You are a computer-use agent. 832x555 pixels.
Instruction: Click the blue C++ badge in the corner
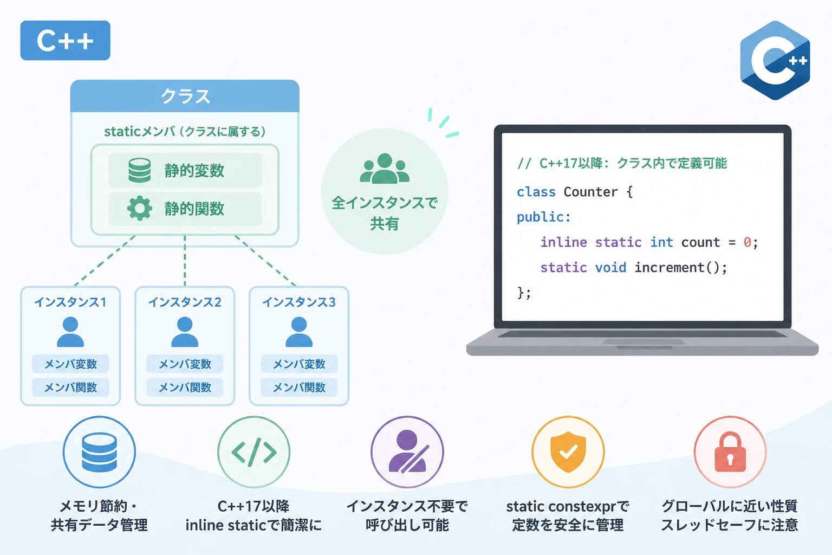(66, 40)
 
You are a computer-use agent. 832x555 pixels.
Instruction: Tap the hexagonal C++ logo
(775, 60)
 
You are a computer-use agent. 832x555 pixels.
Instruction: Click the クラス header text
(185, 96)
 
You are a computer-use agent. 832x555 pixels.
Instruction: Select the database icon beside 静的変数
(140, 170)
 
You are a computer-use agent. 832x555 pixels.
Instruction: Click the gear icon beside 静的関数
(140, 208)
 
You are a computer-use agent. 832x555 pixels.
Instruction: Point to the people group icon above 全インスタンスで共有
(385, 169)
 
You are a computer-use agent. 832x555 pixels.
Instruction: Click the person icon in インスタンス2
(185, 332)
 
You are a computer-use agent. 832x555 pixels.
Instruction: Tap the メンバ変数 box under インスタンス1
(70, 364)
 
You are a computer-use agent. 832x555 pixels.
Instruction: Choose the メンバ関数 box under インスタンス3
(299, 388)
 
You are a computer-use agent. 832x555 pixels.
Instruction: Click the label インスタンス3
(299, 302)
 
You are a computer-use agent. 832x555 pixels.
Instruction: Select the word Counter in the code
(590, 192)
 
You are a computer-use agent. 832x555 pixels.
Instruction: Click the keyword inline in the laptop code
(563, 242)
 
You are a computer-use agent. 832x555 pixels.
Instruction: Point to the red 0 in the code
(747, 242)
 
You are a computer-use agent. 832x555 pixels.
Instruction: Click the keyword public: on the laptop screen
(544, 217)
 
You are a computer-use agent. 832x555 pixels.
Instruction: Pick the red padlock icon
(730, 451)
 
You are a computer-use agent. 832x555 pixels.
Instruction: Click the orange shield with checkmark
(568, 451)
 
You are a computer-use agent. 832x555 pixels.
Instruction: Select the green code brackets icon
(254, 452)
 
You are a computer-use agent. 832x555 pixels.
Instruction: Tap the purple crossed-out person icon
(407, 451)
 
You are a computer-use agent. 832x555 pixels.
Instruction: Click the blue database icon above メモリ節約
(99, 453)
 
